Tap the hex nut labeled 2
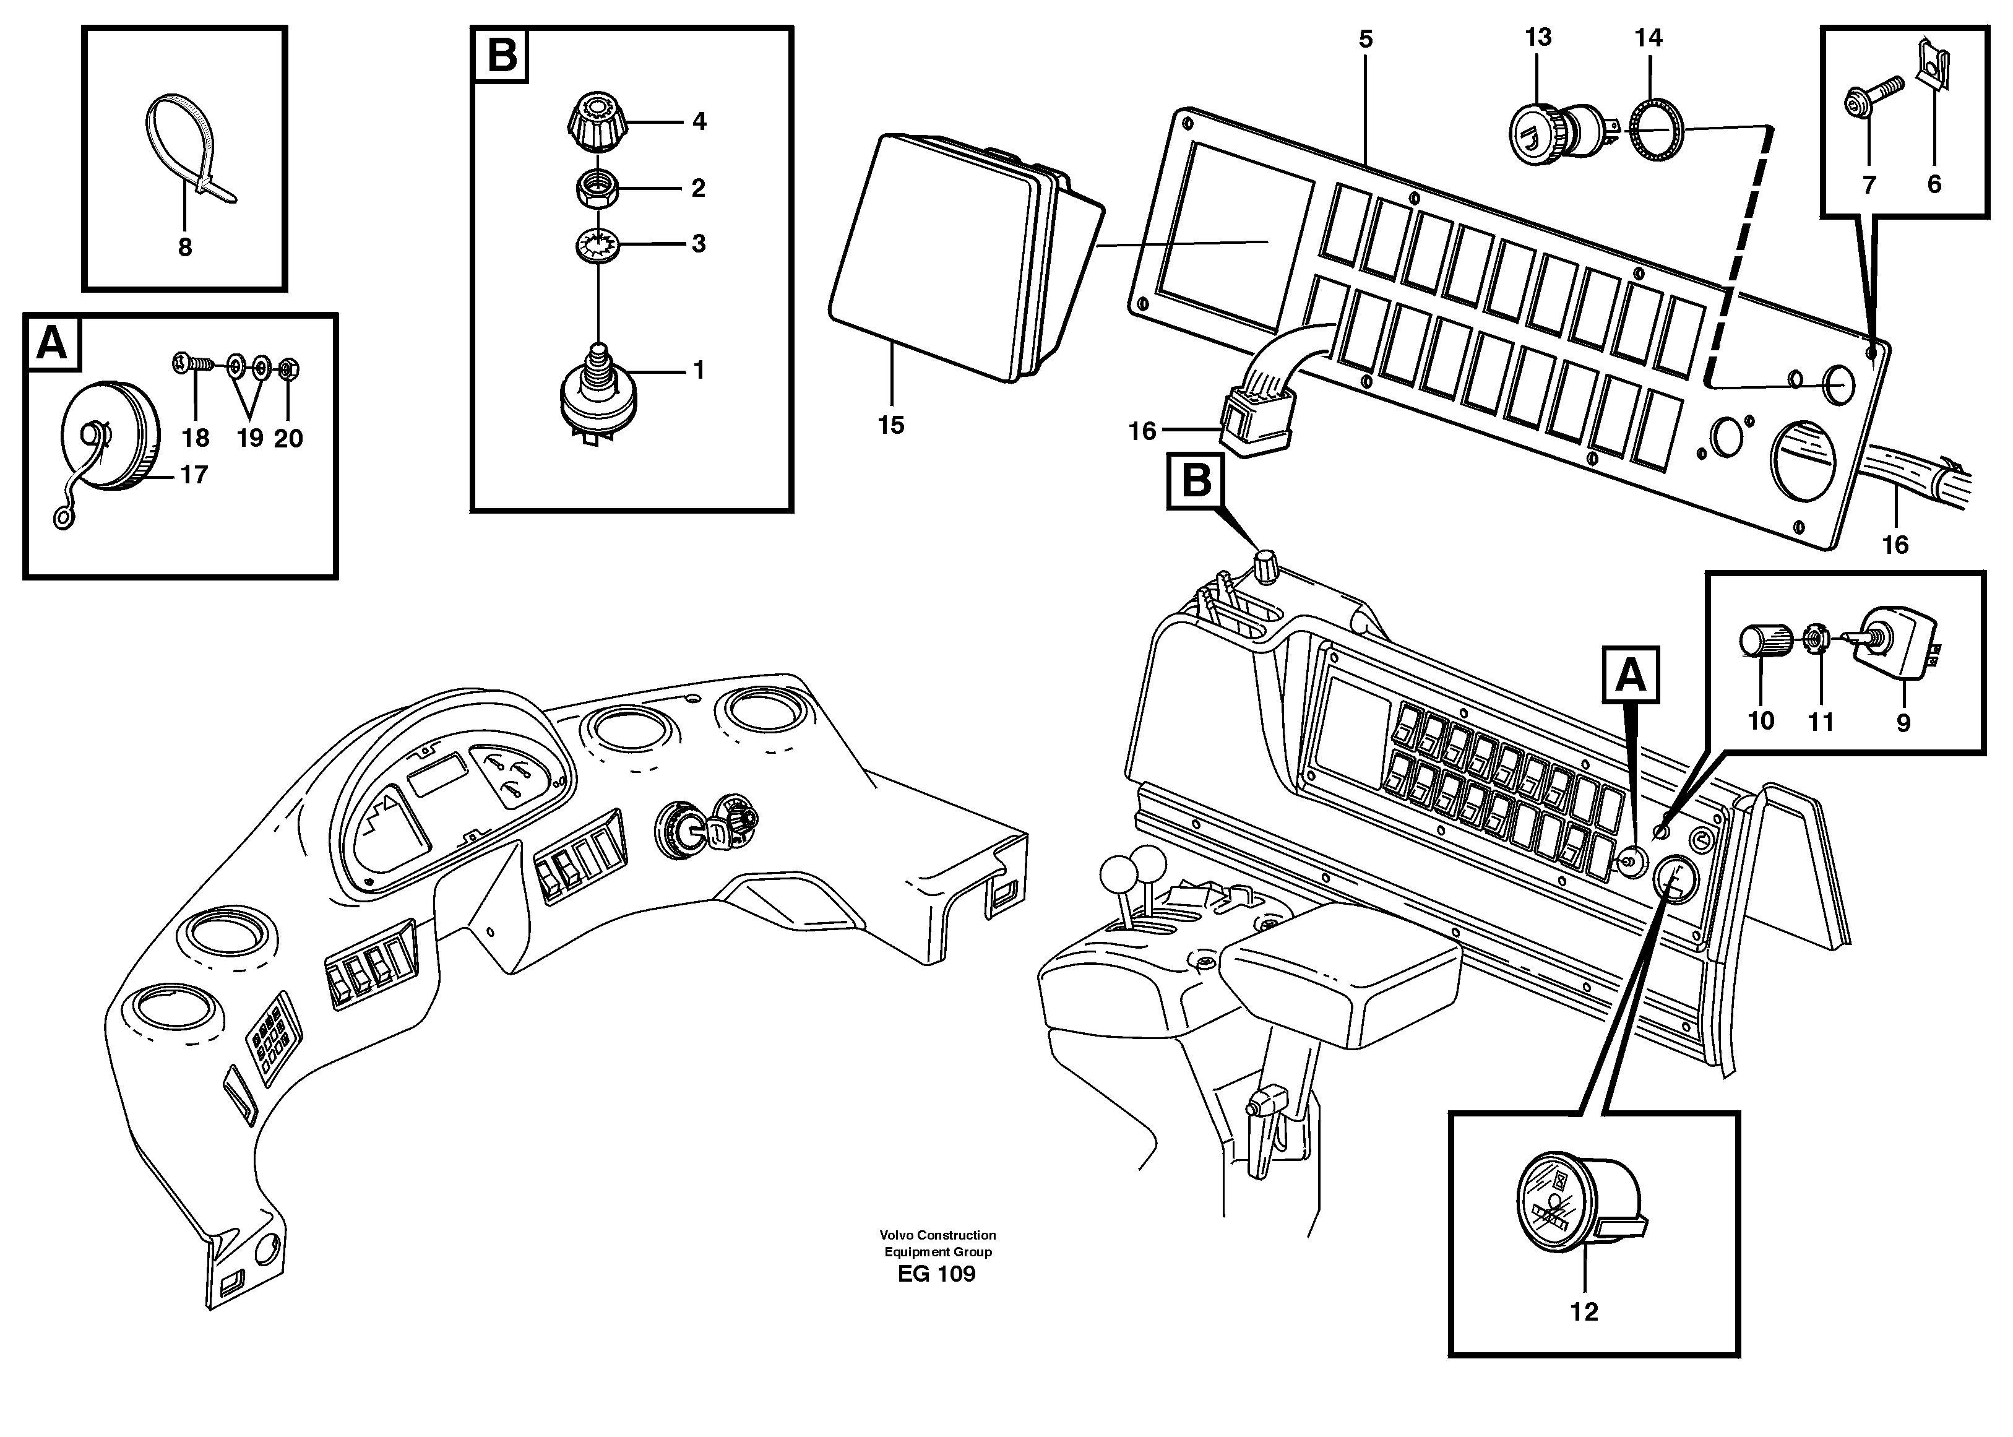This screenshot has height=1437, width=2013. point(597,189)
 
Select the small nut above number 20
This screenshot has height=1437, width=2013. point(288,367)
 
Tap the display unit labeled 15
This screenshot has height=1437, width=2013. point(947,257)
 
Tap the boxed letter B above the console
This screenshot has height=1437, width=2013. point(1196,482)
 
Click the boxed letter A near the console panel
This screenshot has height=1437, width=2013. point(1630,675)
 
